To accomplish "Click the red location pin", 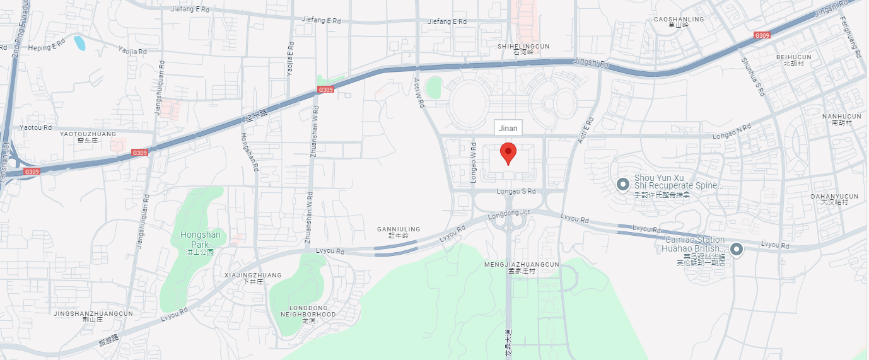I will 508,153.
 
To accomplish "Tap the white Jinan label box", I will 508,128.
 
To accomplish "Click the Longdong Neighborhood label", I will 308,310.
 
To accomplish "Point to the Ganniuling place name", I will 399,229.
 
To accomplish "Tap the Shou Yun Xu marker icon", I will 622,184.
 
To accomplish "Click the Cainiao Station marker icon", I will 736,250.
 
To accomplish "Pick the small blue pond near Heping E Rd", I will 79,43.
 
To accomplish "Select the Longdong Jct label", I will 509,213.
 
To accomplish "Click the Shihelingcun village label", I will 523,47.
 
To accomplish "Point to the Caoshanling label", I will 679,20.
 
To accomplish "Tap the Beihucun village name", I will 793,57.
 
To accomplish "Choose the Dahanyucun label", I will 834,197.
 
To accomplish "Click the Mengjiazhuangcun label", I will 522,264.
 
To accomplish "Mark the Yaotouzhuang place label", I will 88,134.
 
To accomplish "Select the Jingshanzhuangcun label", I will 93,313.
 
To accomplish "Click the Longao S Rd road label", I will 516,191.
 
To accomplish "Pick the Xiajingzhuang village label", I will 253,276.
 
